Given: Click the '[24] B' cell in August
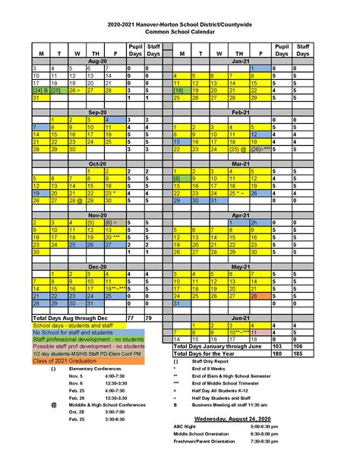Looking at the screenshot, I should [x=39, y=90].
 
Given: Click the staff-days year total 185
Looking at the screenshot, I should [x=305, y=352].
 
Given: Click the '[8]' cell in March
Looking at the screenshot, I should [x=182, y=178].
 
